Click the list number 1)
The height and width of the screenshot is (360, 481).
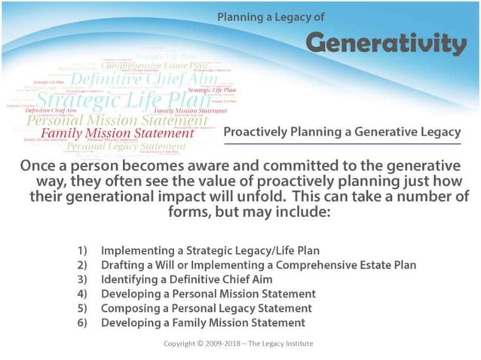tap(85, 250)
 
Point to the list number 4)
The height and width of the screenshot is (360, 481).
tap(85, 294)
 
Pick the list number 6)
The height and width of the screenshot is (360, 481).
tap(85, 322)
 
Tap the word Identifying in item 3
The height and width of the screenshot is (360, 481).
tap(129, 279)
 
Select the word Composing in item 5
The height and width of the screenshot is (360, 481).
tap(128, 308)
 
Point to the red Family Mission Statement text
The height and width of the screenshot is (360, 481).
tap(118, 133)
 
